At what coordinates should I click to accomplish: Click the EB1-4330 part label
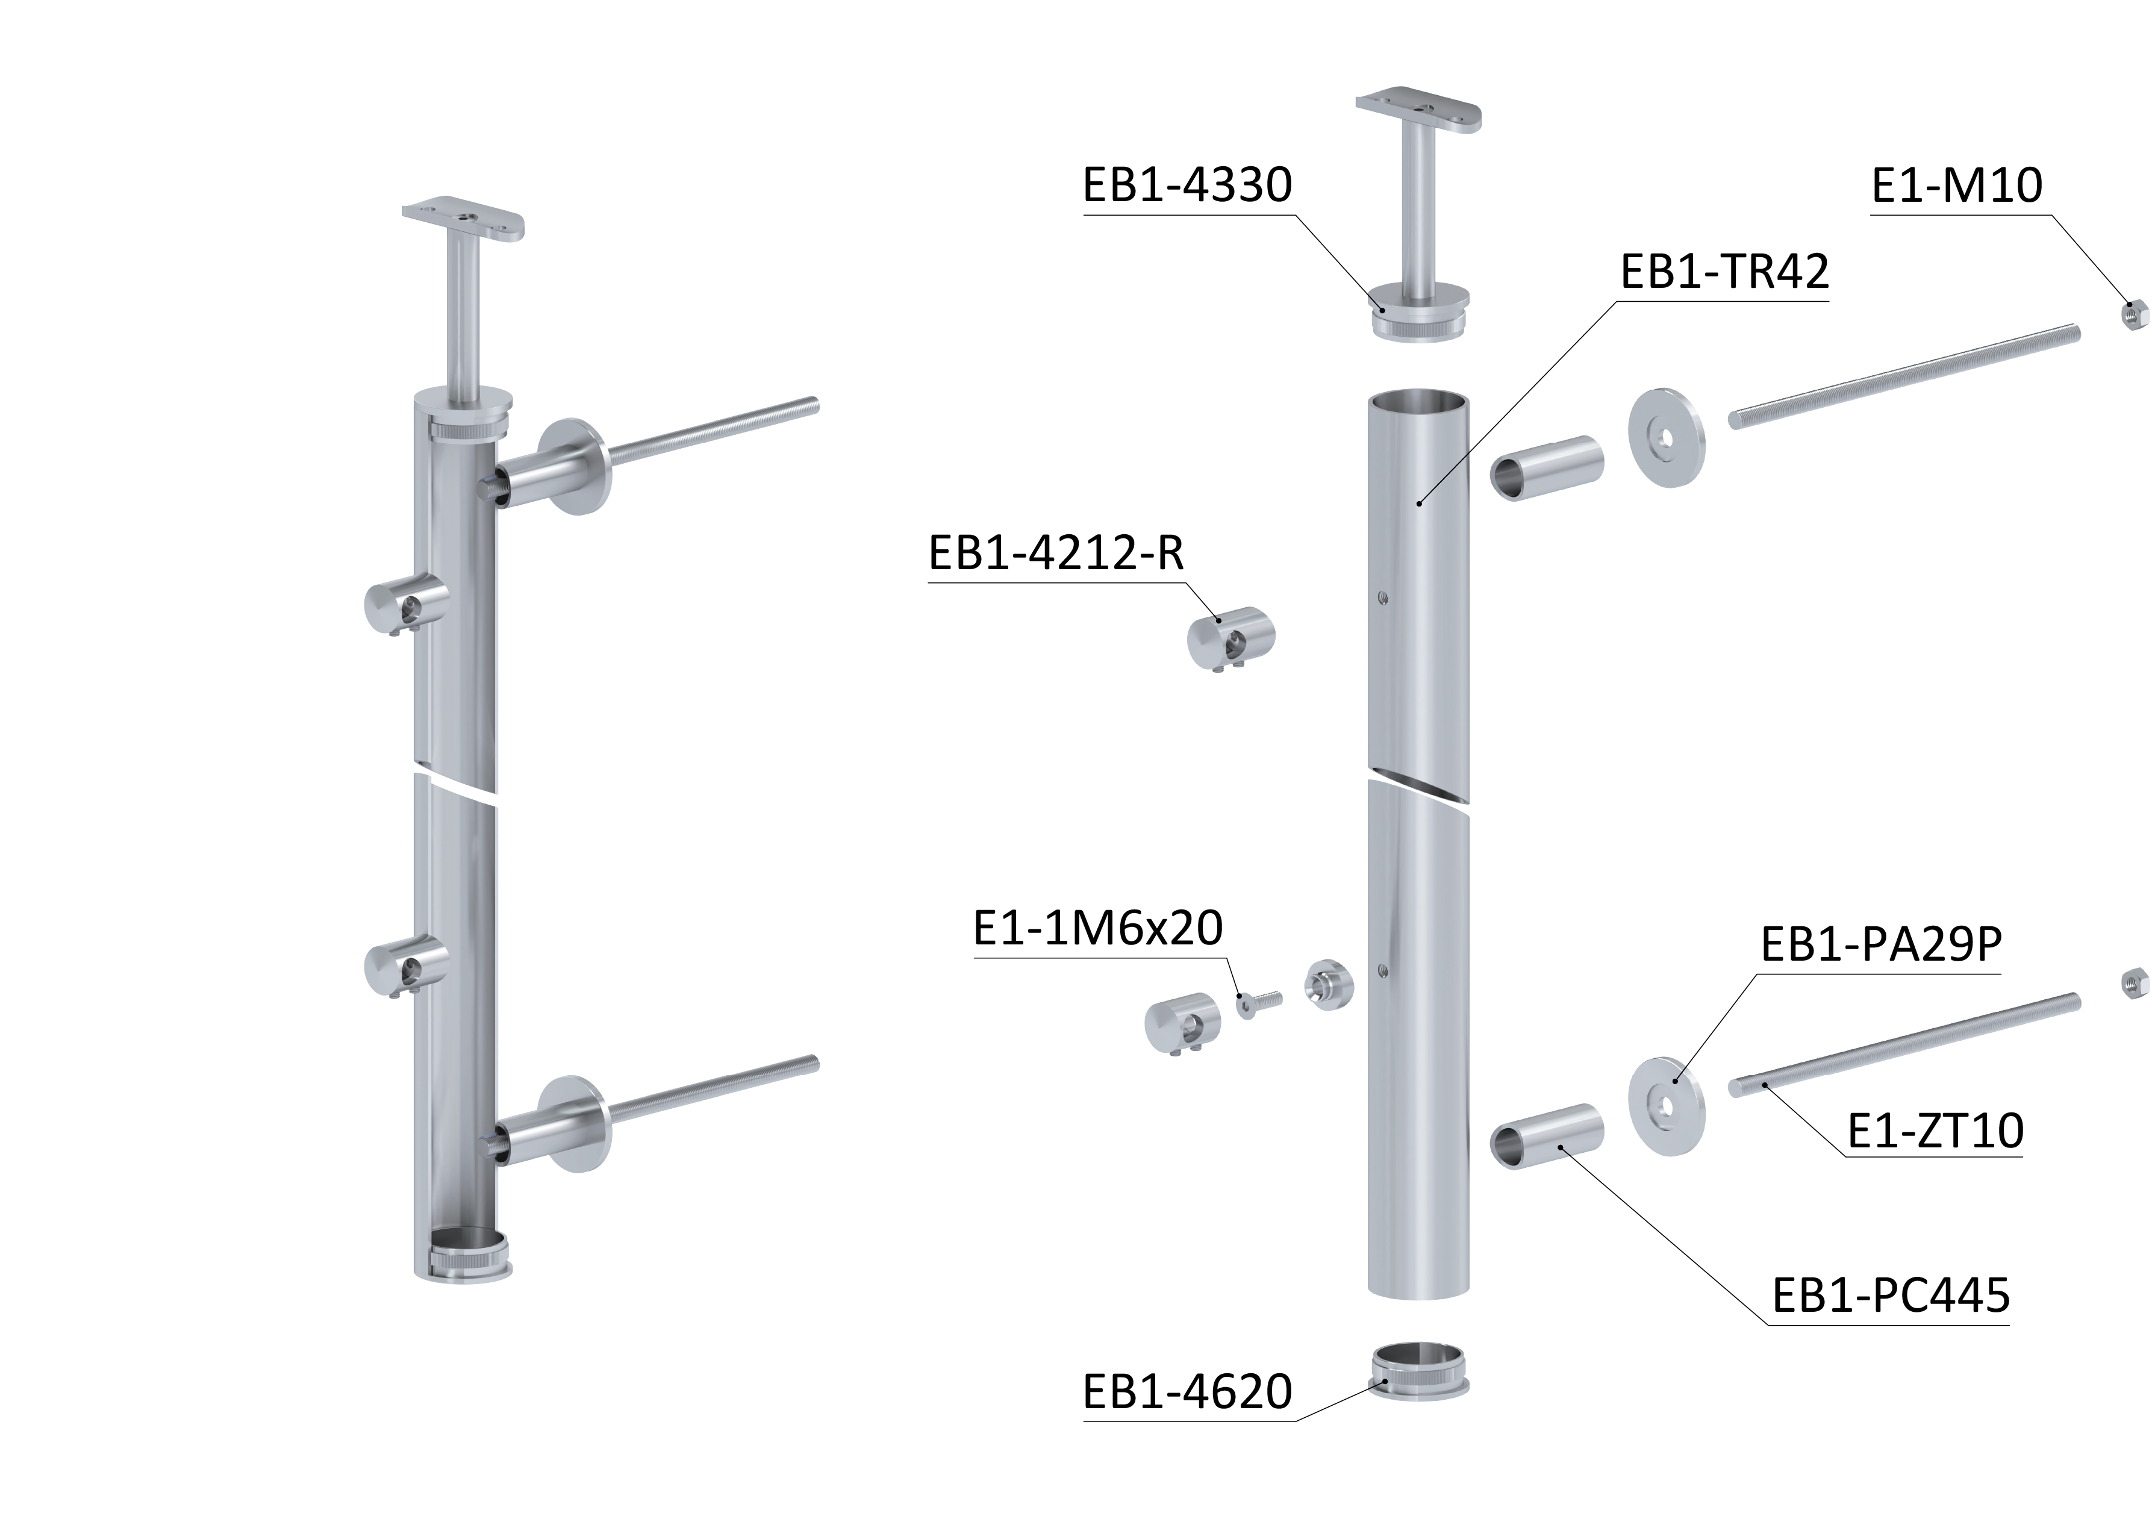[1188, 185]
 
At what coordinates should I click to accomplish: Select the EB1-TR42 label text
[1724, 272]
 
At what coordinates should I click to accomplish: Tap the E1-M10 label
[1957, 185]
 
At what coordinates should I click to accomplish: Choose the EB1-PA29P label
[1881, 944]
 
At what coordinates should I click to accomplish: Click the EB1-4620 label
[1188, 1392]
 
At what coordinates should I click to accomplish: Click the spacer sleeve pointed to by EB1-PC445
[1547, 1137]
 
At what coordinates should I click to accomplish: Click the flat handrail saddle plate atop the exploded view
[1419, 111]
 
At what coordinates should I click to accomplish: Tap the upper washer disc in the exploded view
[1665, 438]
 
